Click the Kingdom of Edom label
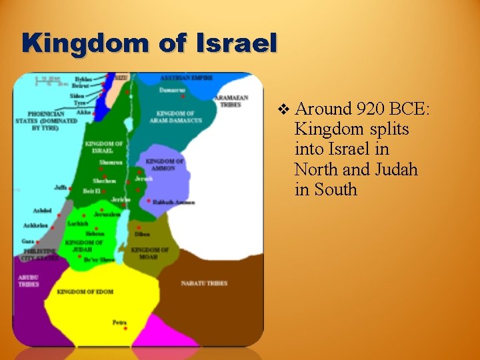85,292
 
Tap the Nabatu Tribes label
204,283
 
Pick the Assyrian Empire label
186,78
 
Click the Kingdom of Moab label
149,253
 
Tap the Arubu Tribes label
28,281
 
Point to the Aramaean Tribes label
231,101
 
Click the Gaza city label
27,241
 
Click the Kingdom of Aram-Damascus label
175,117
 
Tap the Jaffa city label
61,188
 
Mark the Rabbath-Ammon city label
173,202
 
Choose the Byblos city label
84,79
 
